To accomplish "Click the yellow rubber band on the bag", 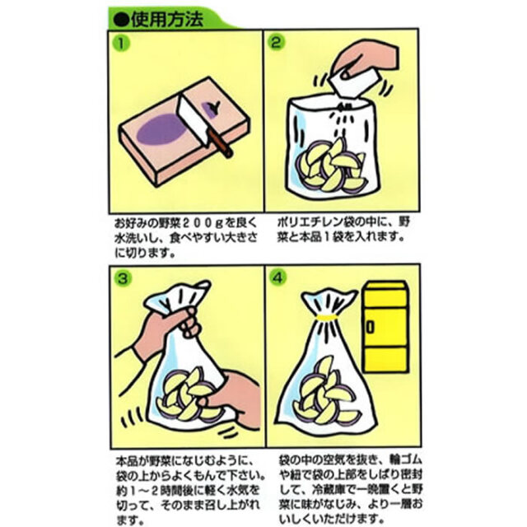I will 329,315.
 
